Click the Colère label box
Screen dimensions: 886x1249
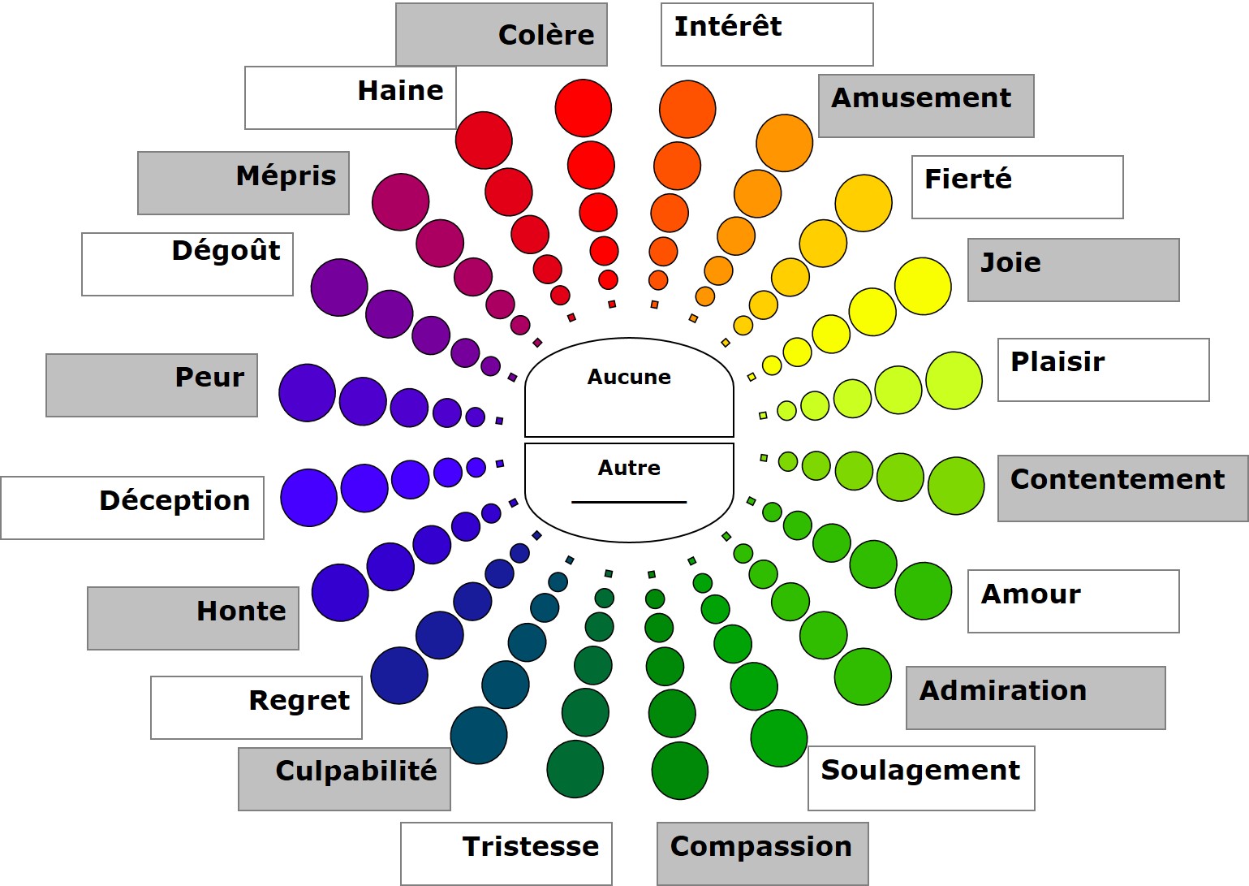[502, 35]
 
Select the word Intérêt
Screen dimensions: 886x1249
[728, 27]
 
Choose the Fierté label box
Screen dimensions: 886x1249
[1017, 187]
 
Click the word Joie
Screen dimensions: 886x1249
[1011, 263]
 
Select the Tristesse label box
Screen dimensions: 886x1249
[506, 853]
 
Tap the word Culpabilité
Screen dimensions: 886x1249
[356, 771]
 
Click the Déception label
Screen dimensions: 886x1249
[174, 501]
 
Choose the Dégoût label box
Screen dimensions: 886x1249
[187, 264]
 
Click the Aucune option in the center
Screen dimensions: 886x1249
[629, 378]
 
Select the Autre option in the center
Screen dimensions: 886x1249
[629, 469]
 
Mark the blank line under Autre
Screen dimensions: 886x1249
[629, 502]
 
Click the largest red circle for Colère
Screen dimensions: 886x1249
[583, 108]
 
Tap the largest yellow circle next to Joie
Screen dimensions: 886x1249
[923, 286]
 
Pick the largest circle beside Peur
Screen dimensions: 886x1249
[307, 393]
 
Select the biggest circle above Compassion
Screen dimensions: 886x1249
[679, 771]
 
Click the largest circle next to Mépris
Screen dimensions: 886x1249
[400, 201]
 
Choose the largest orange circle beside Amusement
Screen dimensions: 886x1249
[784, 143]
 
